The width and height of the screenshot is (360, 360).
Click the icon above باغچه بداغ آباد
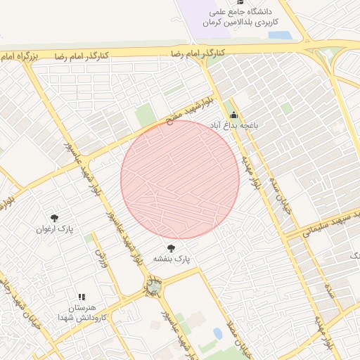233,115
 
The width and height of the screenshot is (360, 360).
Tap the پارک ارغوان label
55,229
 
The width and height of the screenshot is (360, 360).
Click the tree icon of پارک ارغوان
55,218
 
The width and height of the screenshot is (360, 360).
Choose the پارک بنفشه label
172,259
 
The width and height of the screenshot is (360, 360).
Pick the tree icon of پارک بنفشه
172,248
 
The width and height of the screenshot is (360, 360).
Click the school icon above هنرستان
82,298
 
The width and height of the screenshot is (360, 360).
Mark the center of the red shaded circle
180,179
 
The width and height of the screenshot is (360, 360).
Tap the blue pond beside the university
280,34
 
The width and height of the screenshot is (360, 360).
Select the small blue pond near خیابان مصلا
217,333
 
